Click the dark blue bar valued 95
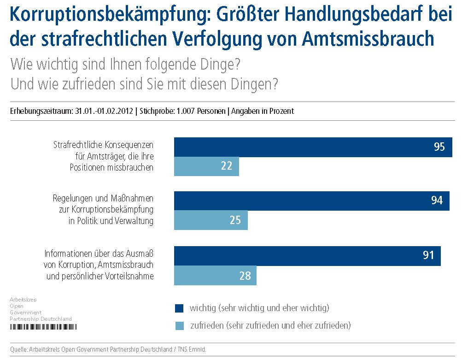313,147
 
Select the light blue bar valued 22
206,166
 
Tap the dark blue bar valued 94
311,201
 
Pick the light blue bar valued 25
211,220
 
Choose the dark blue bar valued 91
307,255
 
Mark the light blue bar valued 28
215,275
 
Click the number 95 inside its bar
439,147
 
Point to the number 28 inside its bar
245,276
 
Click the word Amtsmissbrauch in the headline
368,39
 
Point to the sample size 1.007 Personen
201,112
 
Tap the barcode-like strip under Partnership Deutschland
43,326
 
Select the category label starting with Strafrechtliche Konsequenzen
103,156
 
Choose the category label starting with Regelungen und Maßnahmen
103,209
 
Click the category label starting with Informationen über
99,265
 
